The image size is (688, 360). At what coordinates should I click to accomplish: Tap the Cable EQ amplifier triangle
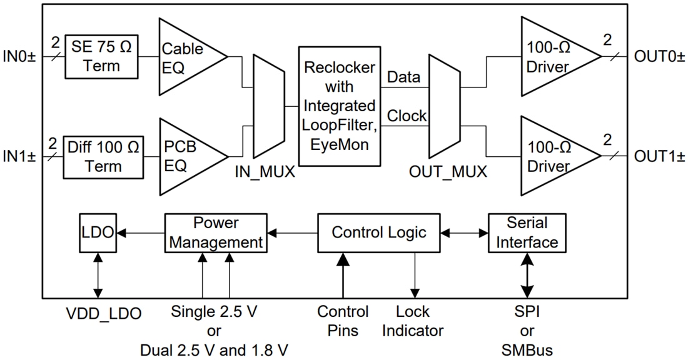[x=185, y=57]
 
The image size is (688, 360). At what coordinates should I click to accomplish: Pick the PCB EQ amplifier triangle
[x=185, y=156]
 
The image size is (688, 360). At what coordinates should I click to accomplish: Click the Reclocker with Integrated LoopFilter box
[x=339, y=106]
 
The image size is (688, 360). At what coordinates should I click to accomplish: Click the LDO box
[x=98, y=232]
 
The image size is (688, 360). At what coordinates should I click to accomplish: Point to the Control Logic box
[x=379, y=232]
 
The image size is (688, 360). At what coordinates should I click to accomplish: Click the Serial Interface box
[x=527, y=232]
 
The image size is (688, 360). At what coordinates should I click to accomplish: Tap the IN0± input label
[x=20, y=57]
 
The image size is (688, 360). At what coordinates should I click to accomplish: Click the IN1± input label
[x=20, y=156]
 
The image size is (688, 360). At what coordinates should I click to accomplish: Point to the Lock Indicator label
[x=413, y=321]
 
